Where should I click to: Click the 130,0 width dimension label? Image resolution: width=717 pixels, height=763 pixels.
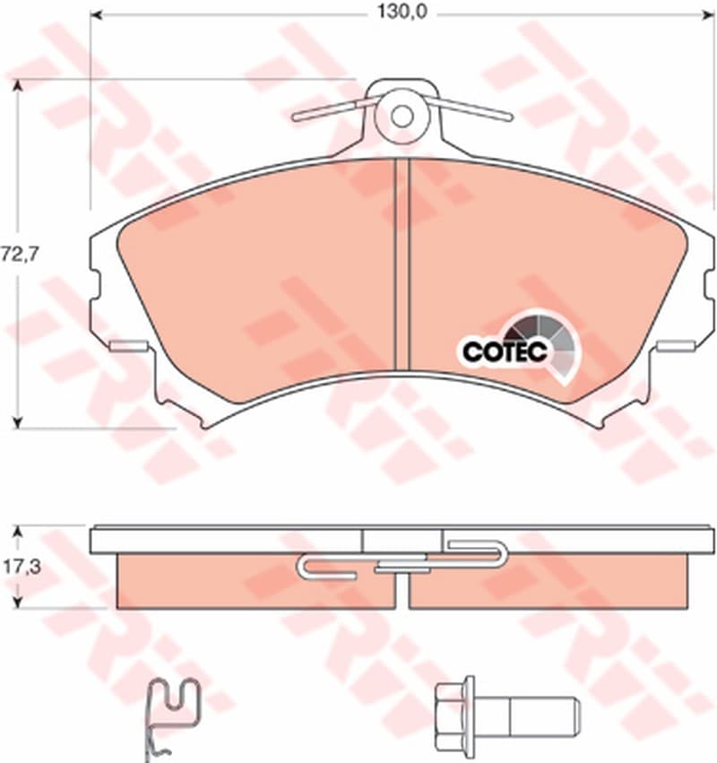(402, 13)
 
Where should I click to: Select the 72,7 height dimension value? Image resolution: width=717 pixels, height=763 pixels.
(20, 254)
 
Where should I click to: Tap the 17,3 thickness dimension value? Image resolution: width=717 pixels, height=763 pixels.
(20, 567)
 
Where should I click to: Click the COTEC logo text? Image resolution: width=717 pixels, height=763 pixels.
(505, 351)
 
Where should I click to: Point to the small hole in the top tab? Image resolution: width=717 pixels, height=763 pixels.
(402, 117)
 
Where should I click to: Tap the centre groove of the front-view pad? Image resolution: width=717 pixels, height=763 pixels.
(402, 264)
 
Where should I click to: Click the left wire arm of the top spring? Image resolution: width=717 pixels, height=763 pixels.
(335, 109)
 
